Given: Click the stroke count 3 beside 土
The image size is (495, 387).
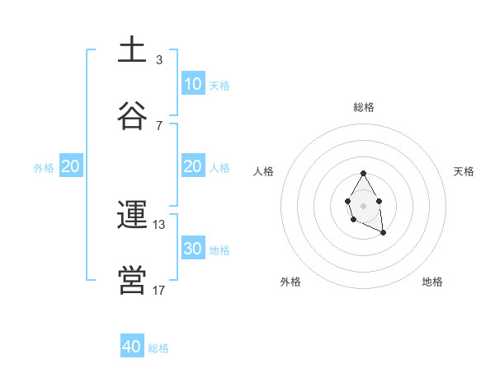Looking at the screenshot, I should tap(159, 59).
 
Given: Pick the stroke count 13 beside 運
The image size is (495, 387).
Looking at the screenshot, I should tap(159, 224).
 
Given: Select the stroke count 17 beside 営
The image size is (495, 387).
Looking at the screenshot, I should tap(159, 290).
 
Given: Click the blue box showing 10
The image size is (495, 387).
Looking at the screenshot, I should tap(192, 84).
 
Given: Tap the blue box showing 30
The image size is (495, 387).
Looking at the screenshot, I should tap(192, 249).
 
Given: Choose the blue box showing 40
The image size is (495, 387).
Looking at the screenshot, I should tap(132, 347).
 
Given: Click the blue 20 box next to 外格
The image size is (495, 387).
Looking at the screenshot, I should tap(70, 166).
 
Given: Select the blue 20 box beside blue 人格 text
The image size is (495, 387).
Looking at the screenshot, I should tap(192, 166).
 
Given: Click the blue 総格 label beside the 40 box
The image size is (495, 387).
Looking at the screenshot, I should tap(158, 348).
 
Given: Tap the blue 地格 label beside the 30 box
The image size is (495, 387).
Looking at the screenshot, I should tap(219, 250).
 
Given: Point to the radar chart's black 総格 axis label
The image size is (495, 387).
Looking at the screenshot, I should tap(364, 107).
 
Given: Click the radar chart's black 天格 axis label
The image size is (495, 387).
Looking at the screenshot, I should tap(464, 171).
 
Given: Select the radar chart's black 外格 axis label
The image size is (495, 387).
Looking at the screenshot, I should tap(290, 282).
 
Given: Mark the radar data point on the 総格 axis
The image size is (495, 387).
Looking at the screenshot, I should tap(363, 174).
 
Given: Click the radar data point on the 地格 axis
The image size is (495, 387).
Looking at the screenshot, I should tap(383, 233).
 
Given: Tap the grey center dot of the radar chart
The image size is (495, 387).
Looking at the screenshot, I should tap(363, 205).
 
